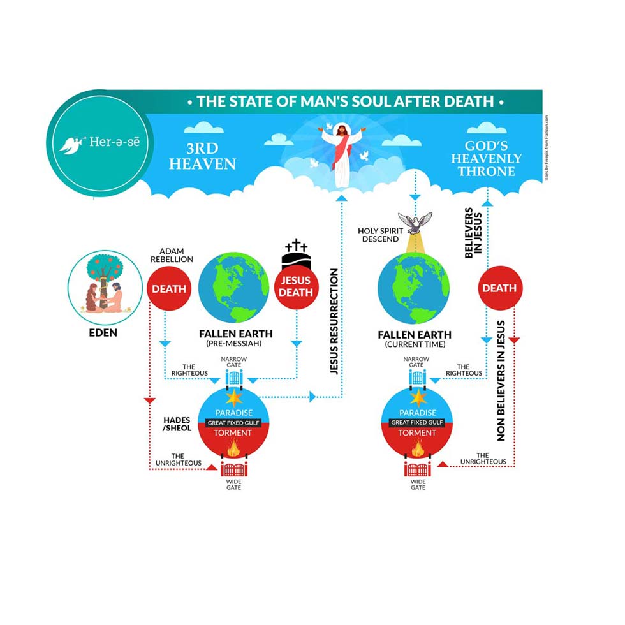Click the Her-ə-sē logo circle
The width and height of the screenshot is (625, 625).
(x=98, y=143)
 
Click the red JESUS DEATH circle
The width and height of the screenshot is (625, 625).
(x=295, y=286)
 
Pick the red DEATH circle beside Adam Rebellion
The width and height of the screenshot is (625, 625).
(x=169, y=289)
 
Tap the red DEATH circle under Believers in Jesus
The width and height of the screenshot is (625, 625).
(x=499, y=288)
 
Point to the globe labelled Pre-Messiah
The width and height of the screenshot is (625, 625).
(x=234, y=289)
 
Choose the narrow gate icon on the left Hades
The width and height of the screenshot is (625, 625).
(x=235, y=377)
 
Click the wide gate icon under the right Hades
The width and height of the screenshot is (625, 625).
(x=417, y=470)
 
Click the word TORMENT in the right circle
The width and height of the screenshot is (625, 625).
(x=417, y=433)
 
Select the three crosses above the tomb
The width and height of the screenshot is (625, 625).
(x=295, y=246)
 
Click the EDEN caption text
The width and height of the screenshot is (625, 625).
(x=105, y=333)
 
